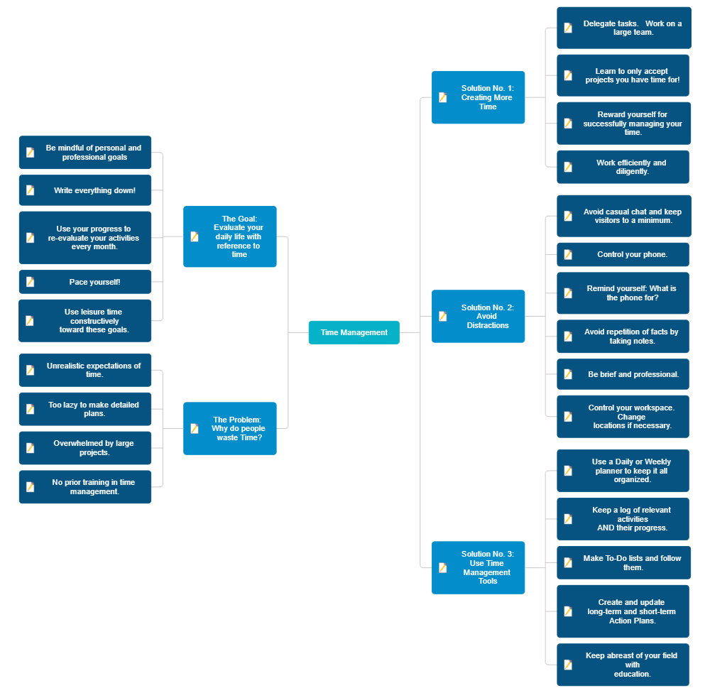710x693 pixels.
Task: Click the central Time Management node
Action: tap(354, 332)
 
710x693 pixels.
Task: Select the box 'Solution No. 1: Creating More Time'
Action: tap(478, 97)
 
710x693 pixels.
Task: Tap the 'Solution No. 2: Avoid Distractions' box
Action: tap(478, 316)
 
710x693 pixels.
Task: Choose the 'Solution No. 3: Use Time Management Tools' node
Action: tap(478, 567)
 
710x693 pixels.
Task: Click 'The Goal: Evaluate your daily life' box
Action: tap(229, 236)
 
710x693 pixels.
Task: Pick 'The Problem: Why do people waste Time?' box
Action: tap(229, 428)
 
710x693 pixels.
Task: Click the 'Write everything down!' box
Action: tap(85, 190)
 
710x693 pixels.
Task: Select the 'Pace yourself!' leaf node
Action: tap(85, 282)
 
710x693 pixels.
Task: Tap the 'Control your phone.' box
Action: tap(623, 254)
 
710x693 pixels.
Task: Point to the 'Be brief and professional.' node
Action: tap(623, 374)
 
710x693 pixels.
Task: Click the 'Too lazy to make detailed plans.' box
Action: tap(85, 409)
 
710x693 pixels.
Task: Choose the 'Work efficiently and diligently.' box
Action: tap(623, 167)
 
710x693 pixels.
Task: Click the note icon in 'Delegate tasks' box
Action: tap(568, 28)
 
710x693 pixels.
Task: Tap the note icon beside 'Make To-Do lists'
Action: tap(568, 562)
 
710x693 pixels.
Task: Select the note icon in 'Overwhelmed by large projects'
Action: tap(30, 448)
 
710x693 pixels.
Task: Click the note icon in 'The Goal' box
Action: tap(195, 236)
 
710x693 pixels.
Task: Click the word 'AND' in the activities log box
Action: tap(606, 528)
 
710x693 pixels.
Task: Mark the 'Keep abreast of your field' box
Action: tap(623, 665)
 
